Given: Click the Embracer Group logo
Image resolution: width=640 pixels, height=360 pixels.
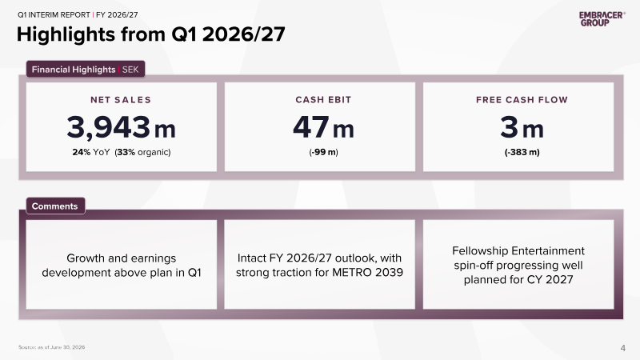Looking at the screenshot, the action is pyautogui.click(x=602, y=18).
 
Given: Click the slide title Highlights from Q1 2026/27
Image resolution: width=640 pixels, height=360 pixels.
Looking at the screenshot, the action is pyautogui.click(x=150, y=34).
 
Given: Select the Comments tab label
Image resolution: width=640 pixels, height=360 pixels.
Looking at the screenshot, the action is pyautogui.click(x=55, y=206).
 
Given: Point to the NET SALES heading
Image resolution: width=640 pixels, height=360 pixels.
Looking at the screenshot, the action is pyautogui.click(x=121, y=100).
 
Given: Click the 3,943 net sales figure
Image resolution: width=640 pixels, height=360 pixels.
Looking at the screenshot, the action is pyautogui.click(x=109, y=127).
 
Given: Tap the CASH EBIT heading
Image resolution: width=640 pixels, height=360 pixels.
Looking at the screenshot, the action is pyautogui.click(x=323, y=100).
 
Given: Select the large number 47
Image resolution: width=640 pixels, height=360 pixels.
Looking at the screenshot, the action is pyautogui.click(x=311, y=127).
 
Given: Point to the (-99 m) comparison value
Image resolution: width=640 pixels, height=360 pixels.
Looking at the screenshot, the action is pyautogui.click(x=323, y=152).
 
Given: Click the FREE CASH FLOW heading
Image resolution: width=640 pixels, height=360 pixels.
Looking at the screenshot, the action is pyautogui.click(x=522, y=100).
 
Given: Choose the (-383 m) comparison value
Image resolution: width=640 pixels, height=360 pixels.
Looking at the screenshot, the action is pyautogui.click(x=522, y=152).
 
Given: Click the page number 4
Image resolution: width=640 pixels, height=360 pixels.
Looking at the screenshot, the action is pyautogui.click(x=622, y=348).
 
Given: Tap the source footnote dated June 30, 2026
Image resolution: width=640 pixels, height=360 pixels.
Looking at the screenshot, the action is pyautogui.click(x=51, y=347).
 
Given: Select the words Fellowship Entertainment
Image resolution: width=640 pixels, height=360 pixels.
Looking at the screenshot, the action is pyautogui.click(x=518, y=250).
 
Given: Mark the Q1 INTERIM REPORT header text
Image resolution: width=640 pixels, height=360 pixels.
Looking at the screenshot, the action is pyautogui.click(x=54, y=15).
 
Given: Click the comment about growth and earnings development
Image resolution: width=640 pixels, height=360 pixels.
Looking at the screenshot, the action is pyautogui.click(x=122, y=266).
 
